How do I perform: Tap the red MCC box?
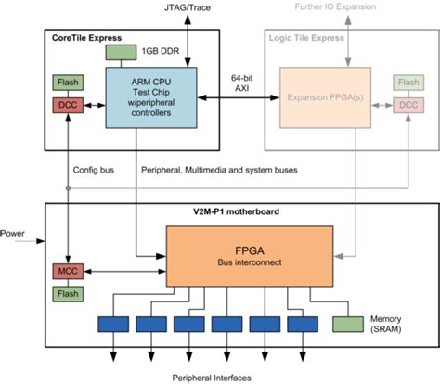click(x=66, y=270)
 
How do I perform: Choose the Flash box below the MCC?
click(x=66, y=294)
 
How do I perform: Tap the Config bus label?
click(x=92, y=171)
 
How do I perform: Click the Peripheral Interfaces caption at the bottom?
click(x=218, y=377)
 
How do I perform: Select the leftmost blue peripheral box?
click(x=114, y=325)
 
